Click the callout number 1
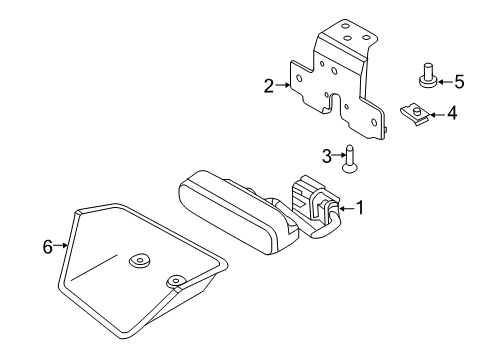coord(360,208)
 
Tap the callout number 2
coord(269,86)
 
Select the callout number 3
coord(327,156)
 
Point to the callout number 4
coord(452,113)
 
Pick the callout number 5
coord(459,82)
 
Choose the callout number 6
coord(48,247)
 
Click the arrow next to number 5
coord(445,82)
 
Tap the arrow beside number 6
coord(61,245)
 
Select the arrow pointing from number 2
coord(283,85)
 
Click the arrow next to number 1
coord(347,209)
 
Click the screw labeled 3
coord(349,159)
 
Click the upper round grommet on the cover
coord(139,260)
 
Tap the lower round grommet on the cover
coord(176,282)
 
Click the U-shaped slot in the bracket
coord(335,103)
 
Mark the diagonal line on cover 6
coord(94,267)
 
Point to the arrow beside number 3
coord(339,155)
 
